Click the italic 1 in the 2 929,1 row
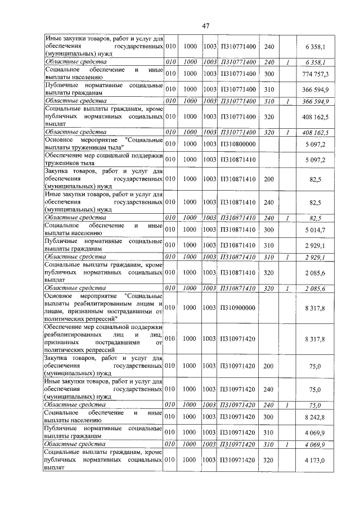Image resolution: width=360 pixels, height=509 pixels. tap(287, 257)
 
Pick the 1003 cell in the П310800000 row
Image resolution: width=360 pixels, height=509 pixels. tap(210, 144)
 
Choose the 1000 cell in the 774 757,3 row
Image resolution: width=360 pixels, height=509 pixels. tap(190, 74)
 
